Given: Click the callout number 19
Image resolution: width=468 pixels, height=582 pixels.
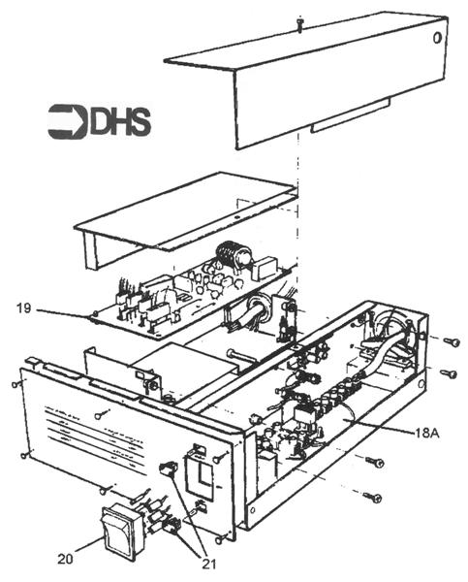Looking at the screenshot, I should pyautogui.click(x=25, y=309).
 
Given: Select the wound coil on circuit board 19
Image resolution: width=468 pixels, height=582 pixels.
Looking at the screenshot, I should pyautogui.click(x=234, y=254).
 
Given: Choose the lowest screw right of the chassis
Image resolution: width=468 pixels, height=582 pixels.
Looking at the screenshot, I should pyautogui.click(x=372, y=498).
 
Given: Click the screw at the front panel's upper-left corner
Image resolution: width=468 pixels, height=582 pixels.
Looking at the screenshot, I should pyautogui.click(x=17, y=383).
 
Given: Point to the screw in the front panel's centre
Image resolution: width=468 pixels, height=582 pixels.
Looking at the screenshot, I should pyautogui.click(x=100, y=416).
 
